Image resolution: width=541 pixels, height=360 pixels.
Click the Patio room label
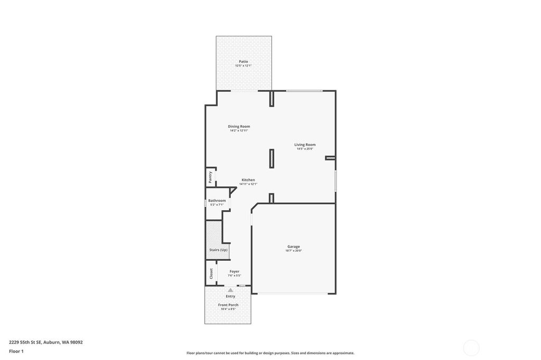[x=243, y=61]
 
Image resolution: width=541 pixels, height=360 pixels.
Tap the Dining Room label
[x=239, y=126]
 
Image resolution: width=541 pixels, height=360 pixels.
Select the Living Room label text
[x=305, y=145]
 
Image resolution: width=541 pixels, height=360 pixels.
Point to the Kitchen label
[x=248, y=180]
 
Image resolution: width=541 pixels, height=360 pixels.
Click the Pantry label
[x=210, y=177]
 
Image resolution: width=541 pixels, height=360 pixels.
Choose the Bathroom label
[x=217, y=201]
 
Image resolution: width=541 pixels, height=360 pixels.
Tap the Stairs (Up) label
[x=218, y=250]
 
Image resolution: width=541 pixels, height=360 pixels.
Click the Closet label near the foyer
[x=211, y=273]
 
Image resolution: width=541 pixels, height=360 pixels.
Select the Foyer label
[x=234, y=271]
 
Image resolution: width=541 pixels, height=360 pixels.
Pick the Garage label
[x=293, y=247]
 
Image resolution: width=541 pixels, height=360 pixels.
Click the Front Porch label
[x=228, y=305]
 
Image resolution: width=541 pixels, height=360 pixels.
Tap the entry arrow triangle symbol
[x=230, y=290]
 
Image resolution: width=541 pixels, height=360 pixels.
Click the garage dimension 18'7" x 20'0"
[x=293, y=251]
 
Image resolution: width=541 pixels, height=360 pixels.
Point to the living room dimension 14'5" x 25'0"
[x=305, y=149]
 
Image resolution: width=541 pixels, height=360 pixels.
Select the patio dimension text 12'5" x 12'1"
[x=243, y=65]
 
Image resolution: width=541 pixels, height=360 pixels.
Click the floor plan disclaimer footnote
[x=270, y=353]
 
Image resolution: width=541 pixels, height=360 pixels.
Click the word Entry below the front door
[x=230, y=296]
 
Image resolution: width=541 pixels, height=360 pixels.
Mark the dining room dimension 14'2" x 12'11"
[x=239, y=130]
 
